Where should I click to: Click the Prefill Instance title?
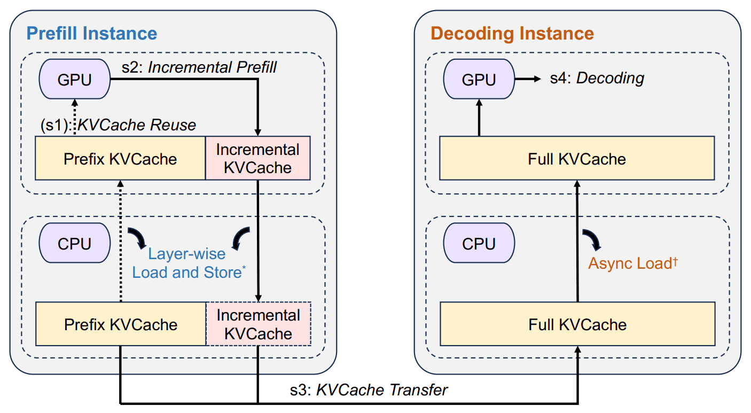[x=91, y=34]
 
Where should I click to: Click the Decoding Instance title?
[x=512, y=34]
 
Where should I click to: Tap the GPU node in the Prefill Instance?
[x=74, y=79]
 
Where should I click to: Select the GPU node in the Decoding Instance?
[x=479, y=79]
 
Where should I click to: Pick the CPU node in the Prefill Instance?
[x=74, y=243]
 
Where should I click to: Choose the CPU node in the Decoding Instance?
[x=479, y=243]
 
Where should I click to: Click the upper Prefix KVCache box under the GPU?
[x=120, y=158]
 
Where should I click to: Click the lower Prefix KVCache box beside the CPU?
[x=121, y=324]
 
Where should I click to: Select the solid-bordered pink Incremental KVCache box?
[x=258, y=158]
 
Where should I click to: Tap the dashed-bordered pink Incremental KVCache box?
[x=259, y=324]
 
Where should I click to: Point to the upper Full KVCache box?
[x=577, y=158]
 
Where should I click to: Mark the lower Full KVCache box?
[x=577, y=324]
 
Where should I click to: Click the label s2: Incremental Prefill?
[x=199, y=67]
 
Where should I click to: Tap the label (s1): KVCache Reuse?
[x=118, y=125]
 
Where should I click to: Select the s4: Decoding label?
[x=597, y=79]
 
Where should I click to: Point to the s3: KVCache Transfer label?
[x=369, y=390]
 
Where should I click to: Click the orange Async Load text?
[x=633, y=263]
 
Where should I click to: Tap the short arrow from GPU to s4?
[x=528, y=79]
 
